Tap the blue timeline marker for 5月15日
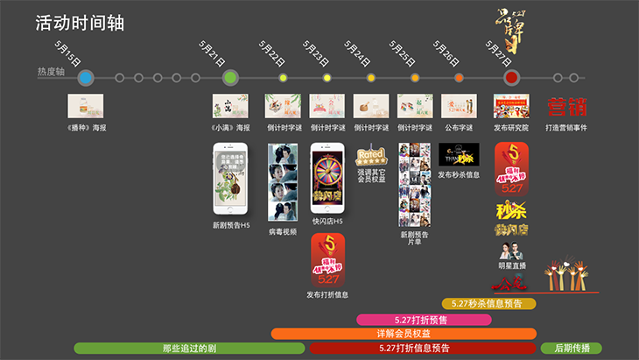tap(85, 78)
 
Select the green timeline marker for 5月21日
tap(230, 78)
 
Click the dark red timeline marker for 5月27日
tap(512, 78)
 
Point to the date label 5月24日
tap(357, 55)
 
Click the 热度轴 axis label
tap(51, 71)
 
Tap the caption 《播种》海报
tap(86, 128)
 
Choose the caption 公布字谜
tap(459, 128)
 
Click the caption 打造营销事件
tap(566, 128)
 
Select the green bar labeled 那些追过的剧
tap(189, 349)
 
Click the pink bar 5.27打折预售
tap(423, 319)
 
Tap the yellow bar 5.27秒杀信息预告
tap(488, 304)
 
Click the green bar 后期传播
tap(572, 349)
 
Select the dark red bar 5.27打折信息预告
tap(423, 349)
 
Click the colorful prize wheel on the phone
tap(327, 171)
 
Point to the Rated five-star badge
tap(371, 157)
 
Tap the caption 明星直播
tap(511, 265)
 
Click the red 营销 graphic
tap(566, 107)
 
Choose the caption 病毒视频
tap(283, 233)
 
